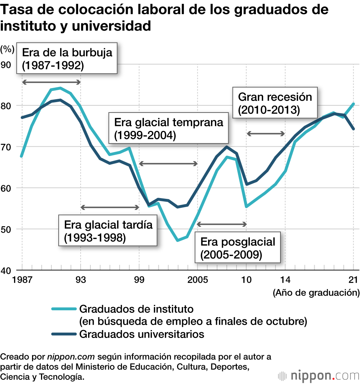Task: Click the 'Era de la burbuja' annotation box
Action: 67,59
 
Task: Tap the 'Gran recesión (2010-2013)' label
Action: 275,103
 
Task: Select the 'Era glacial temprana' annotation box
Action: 168,129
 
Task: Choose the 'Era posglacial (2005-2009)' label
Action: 238,248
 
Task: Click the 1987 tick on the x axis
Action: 22,280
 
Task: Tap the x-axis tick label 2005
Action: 197,280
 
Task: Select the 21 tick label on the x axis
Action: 354,280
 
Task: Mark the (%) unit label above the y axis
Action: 7,49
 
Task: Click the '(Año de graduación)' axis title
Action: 316,292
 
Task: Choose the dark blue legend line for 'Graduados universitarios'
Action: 64,334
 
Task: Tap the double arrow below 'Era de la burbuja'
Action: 51,82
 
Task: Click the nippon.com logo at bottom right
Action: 318,376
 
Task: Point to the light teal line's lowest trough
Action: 178,240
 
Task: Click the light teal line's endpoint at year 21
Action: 354,104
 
